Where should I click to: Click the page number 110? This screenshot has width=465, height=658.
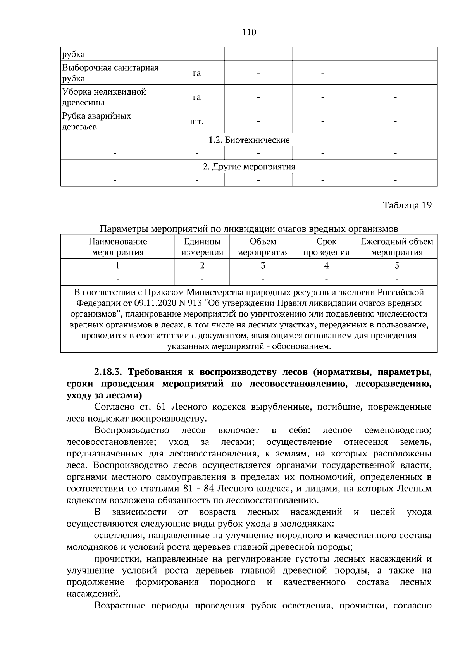point(249,33)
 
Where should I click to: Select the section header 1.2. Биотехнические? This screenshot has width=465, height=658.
point(249,140)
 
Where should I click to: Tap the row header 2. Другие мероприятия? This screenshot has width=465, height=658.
point(249,167)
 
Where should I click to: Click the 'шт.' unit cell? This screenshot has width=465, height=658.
point(196,122)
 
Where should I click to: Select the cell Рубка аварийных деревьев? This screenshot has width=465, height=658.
point(97,121)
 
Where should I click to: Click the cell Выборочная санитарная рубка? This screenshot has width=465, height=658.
point(110,73)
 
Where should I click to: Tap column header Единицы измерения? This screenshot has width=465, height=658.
point(202,247)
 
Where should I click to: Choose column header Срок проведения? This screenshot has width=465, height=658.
point(326,247)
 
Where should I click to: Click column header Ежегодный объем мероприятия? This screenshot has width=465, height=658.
point(397,247)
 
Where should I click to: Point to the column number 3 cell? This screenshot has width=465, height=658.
point(263,265)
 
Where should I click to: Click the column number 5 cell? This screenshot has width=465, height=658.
point(397,265)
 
